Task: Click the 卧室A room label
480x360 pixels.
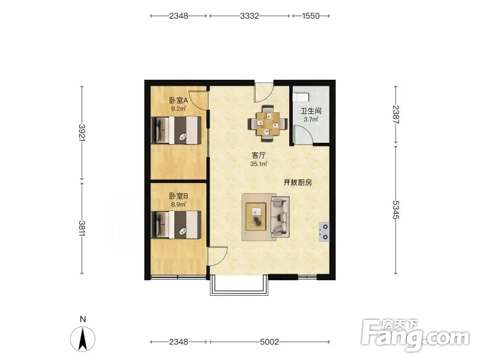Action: coord(178,100)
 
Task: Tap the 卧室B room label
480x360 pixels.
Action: coord(178,196)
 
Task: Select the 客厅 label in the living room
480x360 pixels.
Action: coord(259,155)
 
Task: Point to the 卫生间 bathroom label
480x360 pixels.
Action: coord(311,111)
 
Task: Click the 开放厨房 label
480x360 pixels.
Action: coord(298,183)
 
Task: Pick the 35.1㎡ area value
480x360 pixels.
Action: coord(259,164)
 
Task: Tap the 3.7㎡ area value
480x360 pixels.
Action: coord(311,119)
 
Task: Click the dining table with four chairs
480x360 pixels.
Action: coord(268,124)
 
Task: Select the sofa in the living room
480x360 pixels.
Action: coord(280,217)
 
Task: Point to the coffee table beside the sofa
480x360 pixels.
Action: coord(256,217)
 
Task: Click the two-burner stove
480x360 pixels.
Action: coord(324,232)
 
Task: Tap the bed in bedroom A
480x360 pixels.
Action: coord(176,130)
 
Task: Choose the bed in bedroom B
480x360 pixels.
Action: coord(176,224)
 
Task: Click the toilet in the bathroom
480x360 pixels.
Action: coord(301,97)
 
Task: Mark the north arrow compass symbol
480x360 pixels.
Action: coord(83,339)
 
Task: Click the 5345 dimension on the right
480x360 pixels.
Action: coord(396,210)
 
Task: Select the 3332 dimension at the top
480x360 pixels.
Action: coord(250,16)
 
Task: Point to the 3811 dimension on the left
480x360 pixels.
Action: coord(82,228)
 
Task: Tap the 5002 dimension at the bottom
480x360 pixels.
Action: coord(269,341)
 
